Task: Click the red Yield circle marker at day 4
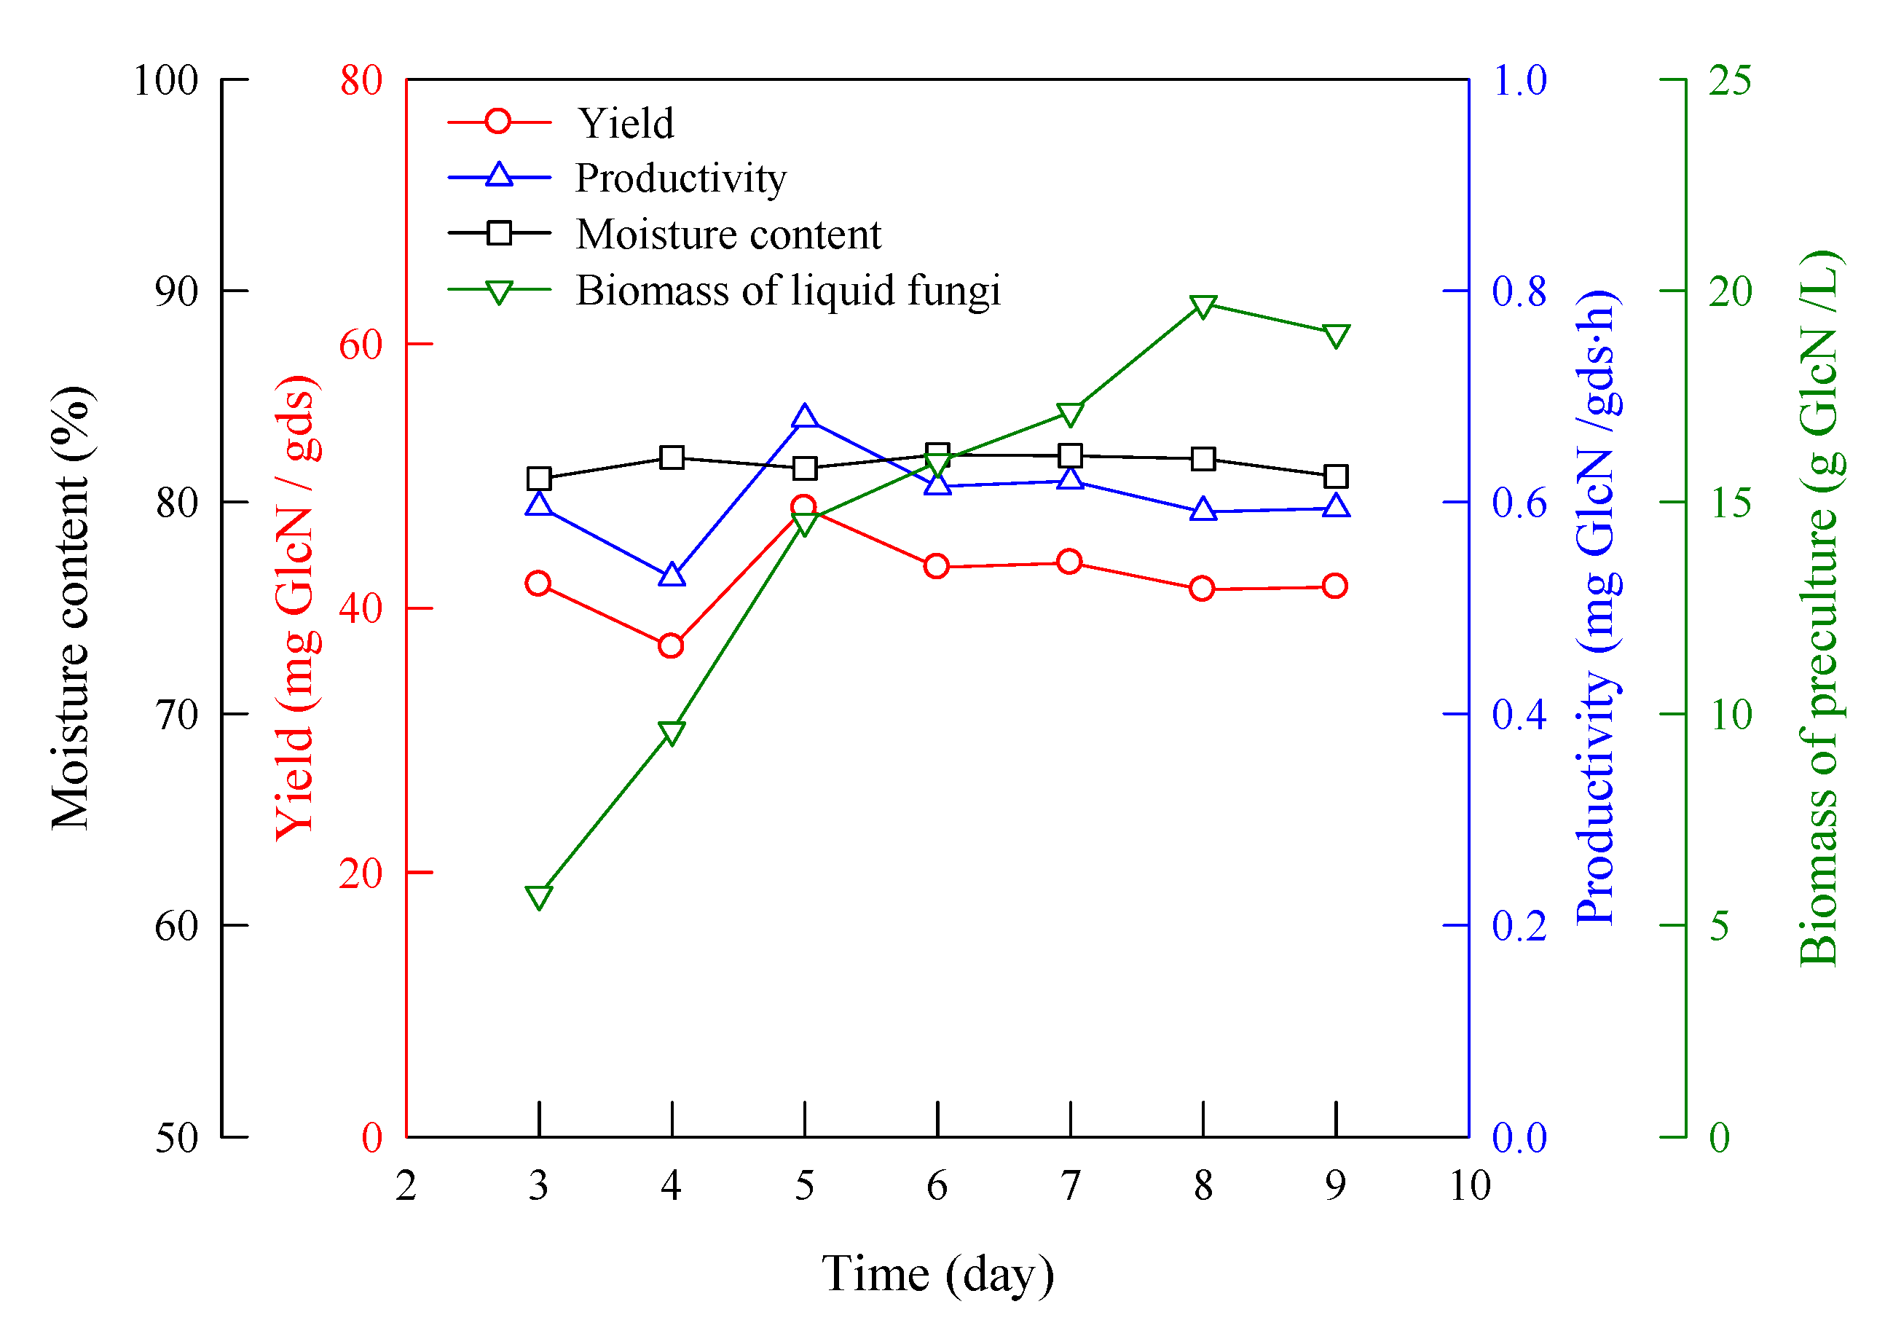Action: [671, 645]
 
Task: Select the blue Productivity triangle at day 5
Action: [804, 417]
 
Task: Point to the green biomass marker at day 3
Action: [538, 897]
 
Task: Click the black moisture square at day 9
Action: [1335, 476]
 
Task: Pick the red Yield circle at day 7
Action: [1069, 562]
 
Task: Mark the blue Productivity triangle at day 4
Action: [672, 576]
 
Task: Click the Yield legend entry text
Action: [625, 124]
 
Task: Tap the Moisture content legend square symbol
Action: [499, 233]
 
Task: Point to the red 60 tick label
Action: [361, 345]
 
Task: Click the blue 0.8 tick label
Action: [1519, 291]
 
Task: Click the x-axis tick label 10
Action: [1470, 1185]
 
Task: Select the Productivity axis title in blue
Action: [1597, 607]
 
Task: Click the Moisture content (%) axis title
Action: [71, 607]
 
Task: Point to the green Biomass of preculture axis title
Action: [1820, 607]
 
